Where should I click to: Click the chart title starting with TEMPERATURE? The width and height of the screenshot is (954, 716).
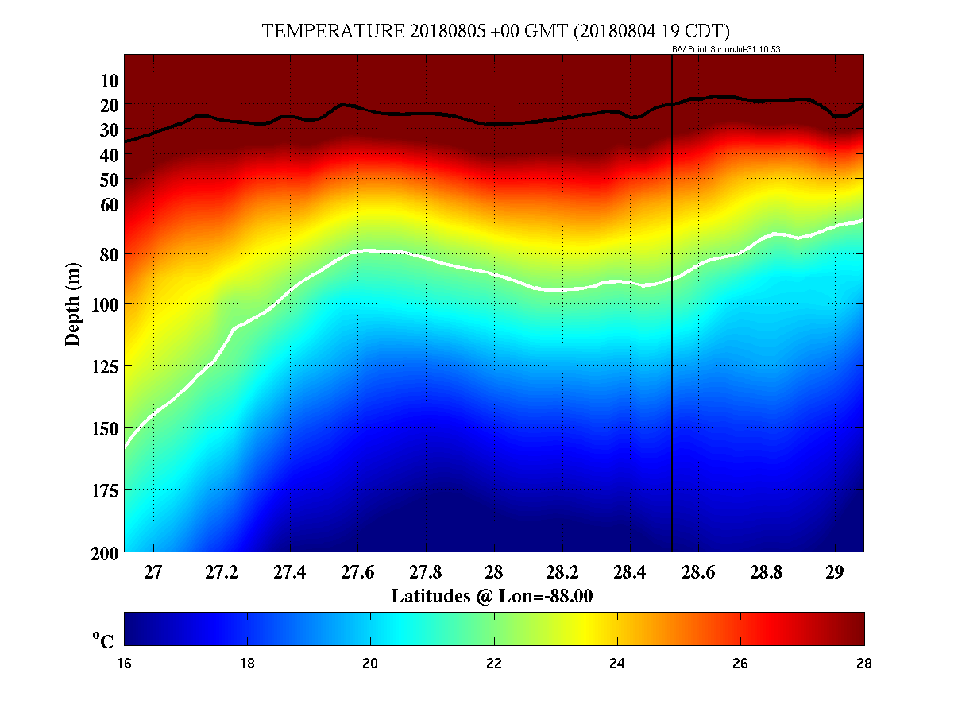point(496,32)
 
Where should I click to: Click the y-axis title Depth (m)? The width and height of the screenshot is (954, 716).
point(73,304)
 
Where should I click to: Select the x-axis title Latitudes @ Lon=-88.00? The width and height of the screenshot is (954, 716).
point(492,596)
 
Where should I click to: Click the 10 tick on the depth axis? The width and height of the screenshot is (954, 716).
point(110,80)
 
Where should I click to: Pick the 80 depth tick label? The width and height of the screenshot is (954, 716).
point(110,254)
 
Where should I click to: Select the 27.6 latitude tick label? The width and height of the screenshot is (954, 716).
point(357,572)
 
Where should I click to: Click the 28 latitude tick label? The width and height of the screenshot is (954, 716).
point(493,572)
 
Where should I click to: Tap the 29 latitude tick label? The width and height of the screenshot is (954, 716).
point(834,572)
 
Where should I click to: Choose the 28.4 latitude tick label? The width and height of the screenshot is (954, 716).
point(630,572)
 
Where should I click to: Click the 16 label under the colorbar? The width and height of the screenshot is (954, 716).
point(125,664)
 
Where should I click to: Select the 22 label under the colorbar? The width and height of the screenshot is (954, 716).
point(494,664)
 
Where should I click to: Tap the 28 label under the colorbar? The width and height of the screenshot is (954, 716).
point(863,664)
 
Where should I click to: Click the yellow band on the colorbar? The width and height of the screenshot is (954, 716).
point(586,629)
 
